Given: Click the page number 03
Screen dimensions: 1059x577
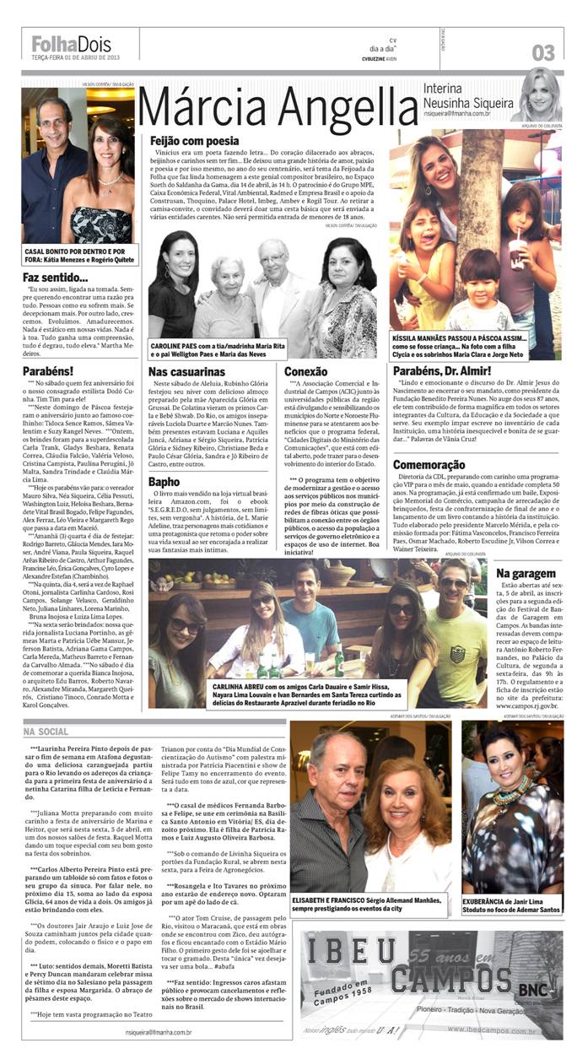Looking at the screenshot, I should pos(543,52).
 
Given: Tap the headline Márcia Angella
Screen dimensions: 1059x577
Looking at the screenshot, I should pos(278,107).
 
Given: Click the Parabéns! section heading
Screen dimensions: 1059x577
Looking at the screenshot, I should pos(49,370).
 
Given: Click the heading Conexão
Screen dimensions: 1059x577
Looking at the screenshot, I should pos(306,370).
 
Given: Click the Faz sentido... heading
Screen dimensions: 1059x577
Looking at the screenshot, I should pos(56,277).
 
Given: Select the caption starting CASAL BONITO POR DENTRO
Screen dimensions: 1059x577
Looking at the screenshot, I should pos(78,256).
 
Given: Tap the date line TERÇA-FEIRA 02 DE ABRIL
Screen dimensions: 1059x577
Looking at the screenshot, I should pos(76,57).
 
